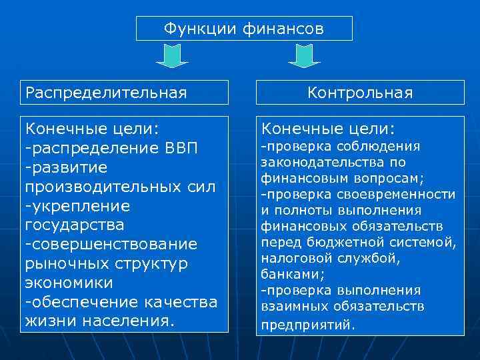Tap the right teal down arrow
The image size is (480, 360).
(304, 56)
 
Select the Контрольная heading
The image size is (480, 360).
(360, 93)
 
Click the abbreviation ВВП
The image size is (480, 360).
(181, 145)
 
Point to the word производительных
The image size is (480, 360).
(101, 187)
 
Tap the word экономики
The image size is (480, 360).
(69, 283)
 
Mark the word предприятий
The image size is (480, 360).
(309, 325)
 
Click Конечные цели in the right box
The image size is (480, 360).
(328, 127)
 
